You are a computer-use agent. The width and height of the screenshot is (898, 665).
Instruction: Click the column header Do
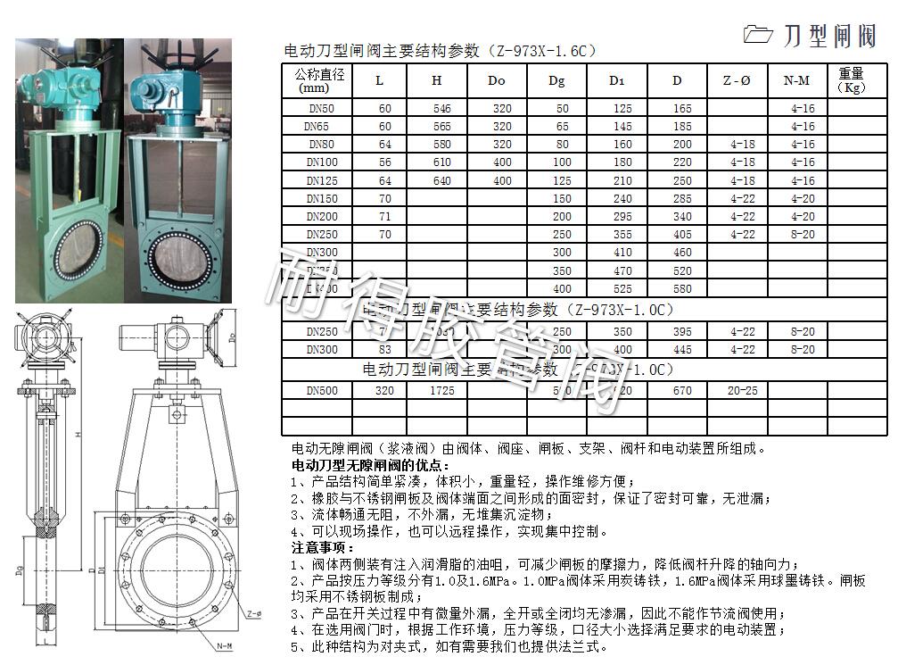pos(497,81)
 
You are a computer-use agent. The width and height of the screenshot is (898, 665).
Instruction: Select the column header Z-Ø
pos(736,81)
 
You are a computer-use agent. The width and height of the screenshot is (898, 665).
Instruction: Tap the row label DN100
pos(322,162)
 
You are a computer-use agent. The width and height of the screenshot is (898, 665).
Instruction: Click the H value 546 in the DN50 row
pos(436,108)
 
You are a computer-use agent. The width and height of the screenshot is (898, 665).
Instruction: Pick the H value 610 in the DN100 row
pos(436,162)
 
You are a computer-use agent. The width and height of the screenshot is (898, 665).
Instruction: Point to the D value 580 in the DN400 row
pos(682,288)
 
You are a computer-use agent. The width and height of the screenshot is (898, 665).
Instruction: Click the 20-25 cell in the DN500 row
pos(742,391)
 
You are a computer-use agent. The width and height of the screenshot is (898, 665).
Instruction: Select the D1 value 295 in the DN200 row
pos(622,216)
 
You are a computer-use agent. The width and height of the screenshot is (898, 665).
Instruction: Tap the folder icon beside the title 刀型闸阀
pos(758,34)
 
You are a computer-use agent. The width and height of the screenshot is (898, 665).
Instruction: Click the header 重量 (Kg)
pos(852,80)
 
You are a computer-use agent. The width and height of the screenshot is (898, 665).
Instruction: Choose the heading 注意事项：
pos(323,546)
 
